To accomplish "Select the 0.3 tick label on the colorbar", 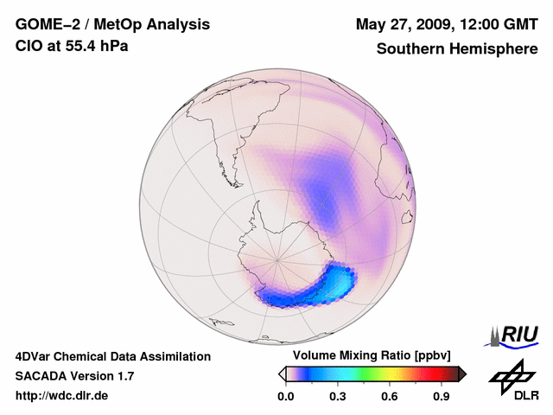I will tap(338, 397).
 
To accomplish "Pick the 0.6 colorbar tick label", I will tap(390, 397).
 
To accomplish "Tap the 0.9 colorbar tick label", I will tap(442, 397).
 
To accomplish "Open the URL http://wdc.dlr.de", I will tap(62, 396).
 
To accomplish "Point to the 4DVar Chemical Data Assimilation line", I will tap(112, 356).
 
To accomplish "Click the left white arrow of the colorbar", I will tap(282, 373).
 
